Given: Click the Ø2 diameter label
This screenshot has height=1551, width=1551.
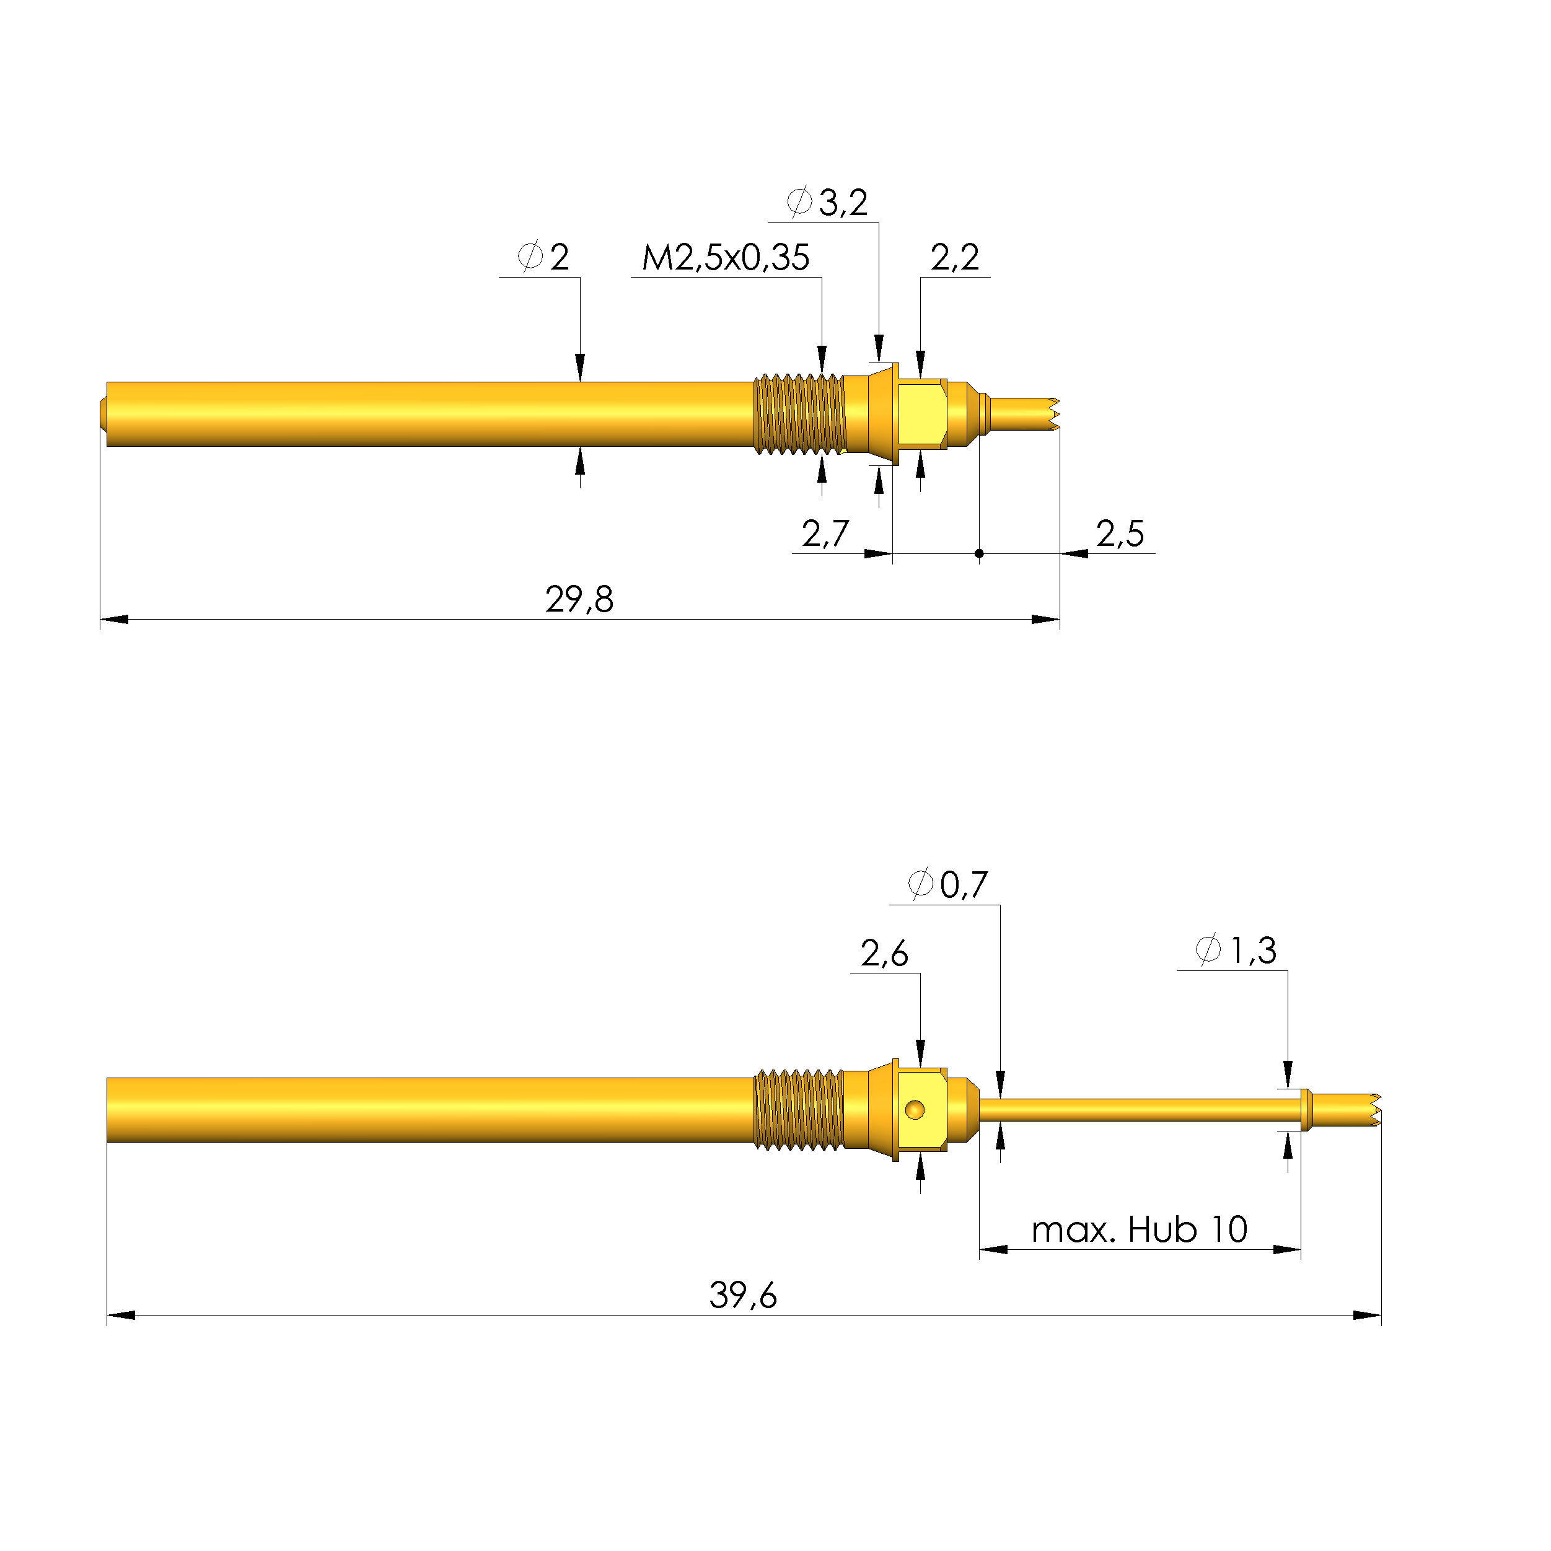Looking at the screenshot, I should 544,258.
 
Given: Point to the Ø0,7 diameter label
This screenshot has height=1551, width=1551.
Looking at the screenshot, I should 947,885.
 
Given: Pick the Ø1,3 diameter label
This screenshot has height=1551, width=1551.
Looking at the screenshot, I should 1236,951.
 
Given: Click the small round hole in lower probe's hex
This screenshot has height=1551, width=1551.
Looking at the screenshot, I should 915,1110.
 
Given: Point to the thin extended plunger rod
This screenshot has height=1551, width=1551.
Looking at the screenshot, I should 1140,1110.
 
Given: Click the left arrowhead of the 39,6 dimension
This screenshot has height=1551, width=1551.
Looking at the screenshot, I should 120,1316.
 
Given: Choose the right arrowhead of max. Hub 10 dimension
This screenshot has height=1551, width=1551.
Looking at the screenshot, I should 1287,1250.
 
